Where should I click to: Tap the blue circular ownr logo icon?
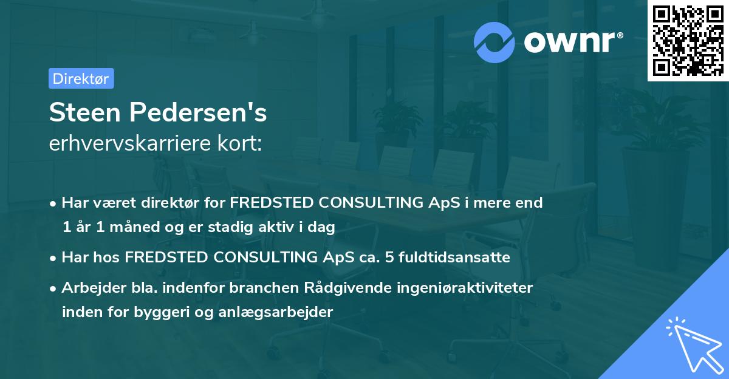point(495,42)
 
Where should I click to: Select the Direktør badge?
point(81,78)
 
